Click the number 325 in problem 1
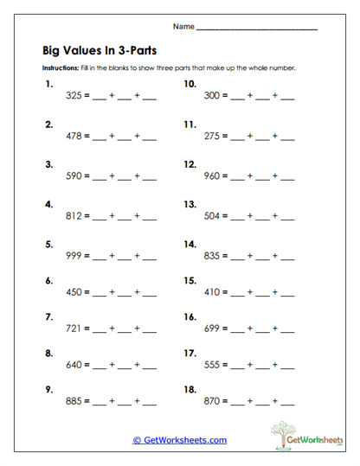[x=74, y=97]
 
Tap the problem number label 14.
[x=190, y=244]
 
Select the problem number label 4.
[x=48, y=205]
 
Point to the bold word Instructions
[x=61, y=67]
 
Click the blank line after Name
[x=257, y=29]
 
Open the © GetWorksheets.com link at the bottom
[x=180, y=439]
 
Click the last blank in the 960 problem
[x=287, y=178]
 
